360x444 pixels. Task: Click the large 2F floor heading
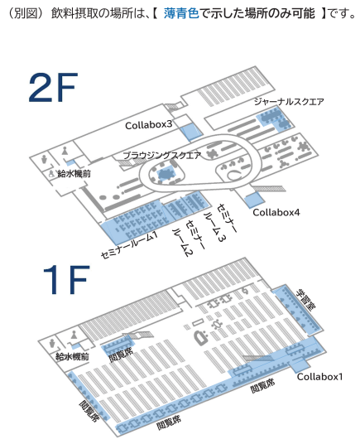pyautogui.click(x=53, y=87)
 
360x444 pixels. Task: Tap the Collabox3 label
pyautogui.click(x=148, y=124)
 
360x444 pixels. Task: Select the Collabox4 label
pyautogui.click(x=276, y=212)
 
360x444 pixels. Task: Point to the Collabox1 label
pyautogui.click(x=319, y=377)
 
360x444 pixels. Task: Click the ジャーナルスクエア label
pyautogui.click(x=289, y=101)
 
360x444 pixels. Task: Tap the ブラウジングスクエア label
pyautogui.click(x=162, y=155)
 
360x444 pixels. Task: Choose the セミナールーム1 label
pyautogui.click(x=129, y=244)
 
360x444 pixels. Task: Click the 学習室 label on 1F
pyautogui.click(x=306, y=300)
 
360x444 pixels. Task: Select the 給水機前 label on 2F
pyautogui.click(x=74, y=173)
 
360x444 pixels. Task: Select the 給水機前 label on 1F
pyautogui.click(x=72, y=356)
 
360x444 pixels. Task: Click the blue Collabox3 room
pyautogui.click(x=191, y=132)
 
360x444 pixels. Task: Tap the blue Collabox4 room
pyautogui.click(x=254, y=200)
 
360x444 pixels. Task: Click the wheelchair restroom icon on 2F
pyautogui.click(x=52, y=173)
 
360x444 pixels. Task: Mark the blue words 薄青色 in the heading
pyautogui.click(x=181, y=13)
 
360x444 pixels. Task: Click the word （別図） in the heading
pyautogui.click(x=26, y=13)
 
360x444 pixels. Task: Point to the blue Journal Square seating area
pyautogui.click(x=273, y=119)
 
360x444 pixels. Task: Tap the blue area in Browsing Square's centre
pyautogui.click(x=166, y=175)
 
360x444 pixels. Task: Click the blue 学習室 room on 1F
pyautogui.click(x=297, y=309)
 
